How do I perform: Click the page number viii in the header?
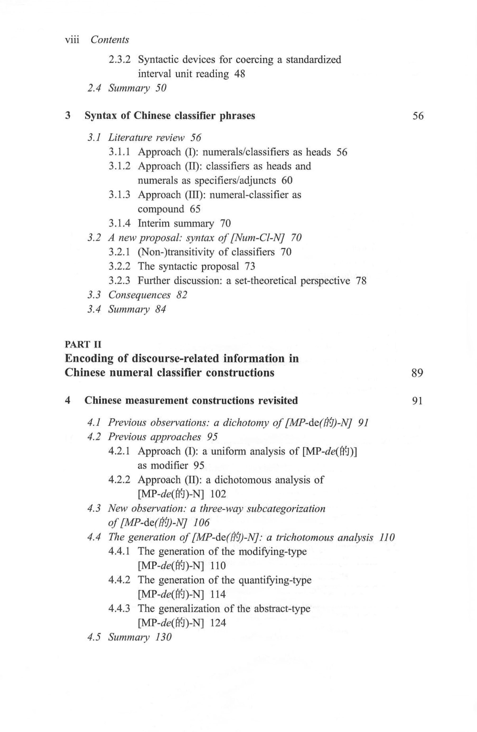(x=72, y=40)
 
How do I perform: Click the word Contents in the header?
(x=110, y=40)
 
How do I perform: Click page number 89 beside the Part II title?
(x=417, y=373)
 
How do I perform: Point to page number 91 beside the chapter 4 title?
(x=417, y=401)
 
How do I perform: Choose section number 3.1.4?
(x=119, y=223)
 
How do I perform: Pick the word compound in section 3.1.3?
(x=161, y=209)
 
